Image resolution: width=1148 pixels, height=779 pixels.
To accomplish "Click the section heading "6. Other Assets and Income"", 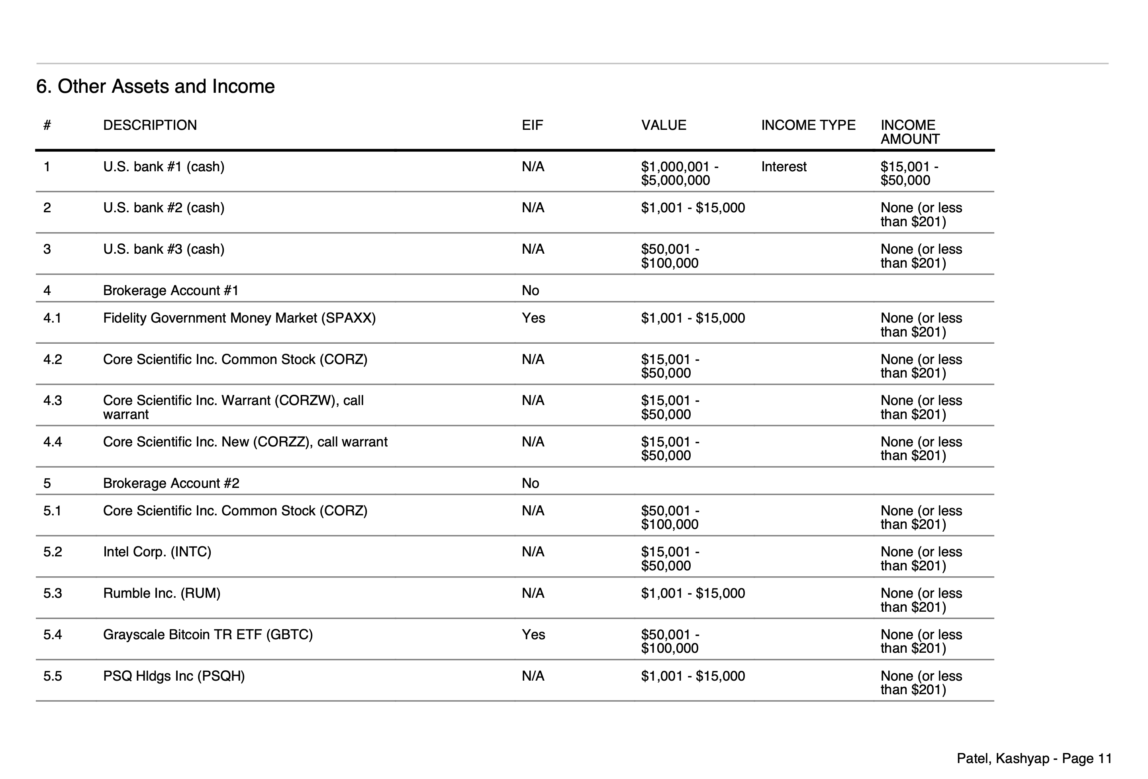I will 155,86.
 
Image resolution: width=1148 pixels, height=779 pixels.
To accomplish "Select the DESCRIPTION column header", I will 150,125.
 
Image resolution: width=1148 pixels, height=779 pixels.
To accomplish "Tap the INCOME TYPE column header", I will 808,125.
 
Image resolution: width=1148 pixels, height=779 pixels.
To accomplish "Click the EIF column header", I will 532,125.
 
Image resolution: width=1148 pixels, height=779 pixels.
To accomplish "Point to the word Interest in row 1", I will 784,166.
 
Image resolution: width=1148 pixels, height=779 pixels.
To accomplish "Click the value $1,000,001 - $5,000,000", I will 679,173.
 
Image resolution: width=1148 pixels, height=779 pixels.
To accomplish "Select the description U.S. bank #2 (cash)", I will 163,207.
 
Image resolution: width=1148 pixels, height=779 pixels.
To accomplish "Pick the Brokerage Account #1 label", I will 170,290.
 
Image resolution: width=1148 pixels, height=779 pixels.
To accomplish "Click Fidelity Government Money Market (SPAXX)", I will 239,318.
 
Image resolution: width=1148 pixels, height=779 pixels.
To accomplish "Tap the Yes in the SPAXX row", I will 533,318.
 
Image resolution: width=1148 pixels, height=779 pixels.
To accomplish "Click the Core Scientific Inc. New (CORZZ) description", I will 245,442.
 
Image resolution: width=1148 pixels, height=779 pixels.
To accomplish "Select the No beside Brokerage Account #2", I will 530,483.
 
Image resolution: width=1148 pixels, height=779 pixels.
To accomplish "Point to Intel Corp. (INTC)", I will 157,551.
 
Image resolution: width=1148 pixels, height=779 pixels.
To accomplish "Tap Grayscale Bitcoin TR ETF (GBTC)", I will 208,634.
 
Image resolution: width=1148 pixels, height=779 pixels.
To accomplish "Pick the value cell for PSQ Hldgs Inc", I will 693,676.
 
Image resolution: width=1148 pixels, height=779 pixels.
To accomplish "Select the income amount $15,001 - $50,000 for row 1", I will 909,173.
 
